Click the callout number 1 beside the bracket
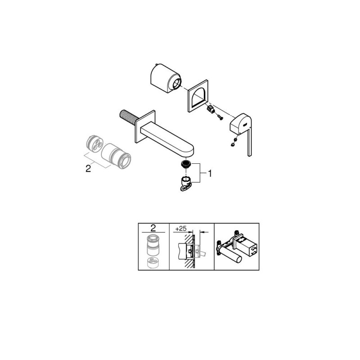tap(210, 174)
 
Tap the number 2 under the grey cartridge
tap(88, 169)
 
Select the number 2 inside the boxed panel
tap(153, 228)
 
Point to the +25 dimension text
tap(181, 229)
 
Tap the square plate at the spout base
tap(145, 126)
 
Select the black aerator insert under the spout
tap(185, 164)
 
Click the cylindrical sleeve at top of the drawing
tap(165, 78)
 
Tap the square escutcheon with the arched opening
tap(198, 96)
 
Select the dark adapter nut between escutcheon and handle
tap(211, 109)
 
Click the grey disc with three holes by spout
tap(94, 144)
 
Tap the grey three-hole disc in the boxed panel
tap(153, 262)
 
